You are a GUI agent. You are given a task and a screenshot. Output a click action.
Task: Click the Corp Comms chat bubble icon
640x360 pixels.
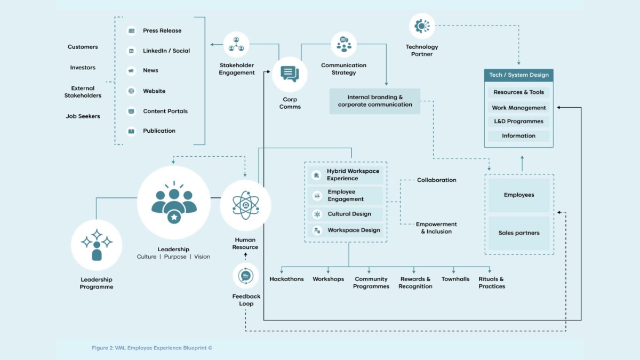pyautogui.click(x=290, y=74)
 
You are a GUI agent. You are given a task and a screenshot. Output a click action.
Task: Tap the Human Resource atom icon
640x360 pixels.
pyautogui.click(x=245, y=205)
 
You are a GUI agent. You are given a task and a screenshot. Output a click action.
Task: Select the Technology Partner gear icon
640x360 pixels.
pyautogui.click(x=422, y=26)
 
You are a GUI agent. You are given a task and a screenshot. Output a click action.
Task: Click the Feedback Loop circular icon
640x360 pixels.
pyautogui.click(x=245, y=276)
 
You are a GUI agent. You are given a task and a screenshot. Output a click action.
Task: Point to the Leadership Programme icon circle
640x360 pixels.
pyautogui.click(x=97, y=245)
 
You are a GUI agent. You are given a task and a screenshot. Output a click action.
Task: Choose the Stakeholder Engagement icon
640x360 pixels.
pyautogui.click(x=236, y=45)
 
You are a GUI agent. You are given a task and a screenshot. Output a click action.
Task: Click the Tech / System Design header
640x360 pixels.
pyautogui.click(x=518, y=75)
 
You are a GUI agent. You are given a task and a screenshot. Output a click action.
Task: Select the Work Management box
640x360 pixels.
pyautogui.click(x=518, y=107)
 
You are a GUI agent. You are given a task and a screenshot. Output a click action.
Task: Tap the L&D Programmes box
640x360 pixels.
pyautogui.click(x=518, y=122)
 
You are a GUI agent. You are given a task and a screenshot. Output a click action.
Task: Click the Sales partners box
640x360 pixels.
pyautogui.click(x=519, y=233)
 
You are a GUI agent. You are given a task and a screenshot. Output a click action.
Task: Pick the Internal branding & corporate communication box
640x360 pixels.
pyautogui.click(x=374, y=101)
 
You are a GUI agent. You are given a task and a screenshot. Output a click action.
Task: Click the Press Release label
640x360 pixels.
pyautogui.click(x=162, y=31)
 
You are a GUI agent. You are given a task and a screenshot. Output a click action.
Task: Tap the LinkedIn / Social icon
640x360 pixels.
pyautogui.click(x=131, y=51)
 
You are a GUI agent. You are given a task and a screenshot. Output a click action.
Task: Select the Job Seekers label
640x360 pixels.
pyautogui.click(x=83, y=116)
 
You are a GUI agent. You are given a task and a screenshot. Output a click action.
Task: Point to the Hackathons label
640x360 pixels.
pyautogui.click(x=286, y=279)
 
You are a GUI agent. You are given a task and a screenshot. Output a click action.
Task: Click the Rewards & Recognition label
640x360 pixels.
pyautogui.click(x=415, y=283)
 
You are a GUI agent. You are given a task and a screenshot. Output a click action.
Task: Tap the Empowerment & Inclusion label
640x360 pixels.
pyautogui.click(x=436, y=228)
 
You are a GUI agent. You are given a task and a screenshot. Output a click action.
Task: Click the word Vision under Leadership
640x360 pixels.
pyautogui.click(x=202, y=257)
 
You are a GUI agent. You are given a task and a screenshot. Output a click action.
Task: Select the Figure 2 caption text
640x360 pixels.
pyautogui.click(x=152, y=348)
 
